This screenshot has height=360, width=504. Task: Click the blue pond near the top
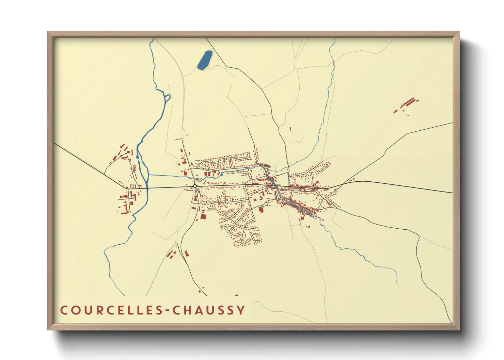pyautogui.click(x=205, y=60)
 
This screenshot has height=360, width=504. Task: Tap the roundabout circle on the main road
pyautogui.click(x=194, y=186)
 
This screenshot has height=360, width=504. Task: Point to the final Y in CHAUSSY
pyautogui.click(x=241, y=310)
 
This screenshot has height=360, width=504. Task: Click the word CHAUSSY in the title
pyautogui.click(x=208, y=310)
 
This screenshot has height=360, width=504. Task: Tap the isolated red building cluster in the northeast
pyautogui.click(x=407, y=104)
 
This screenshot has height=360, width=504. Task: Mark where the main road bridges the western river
pyautogui.click(x=147, y=188)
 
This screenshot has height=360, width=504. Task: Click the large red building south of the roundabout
pyautogui.click(x=203, y=217)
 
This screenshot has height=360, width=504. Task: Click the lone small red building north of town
pyautogui.click(x=290, y=129)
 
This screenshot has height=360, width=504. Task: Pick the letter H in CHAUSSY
pyautogui.click(x=186, y=310)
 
